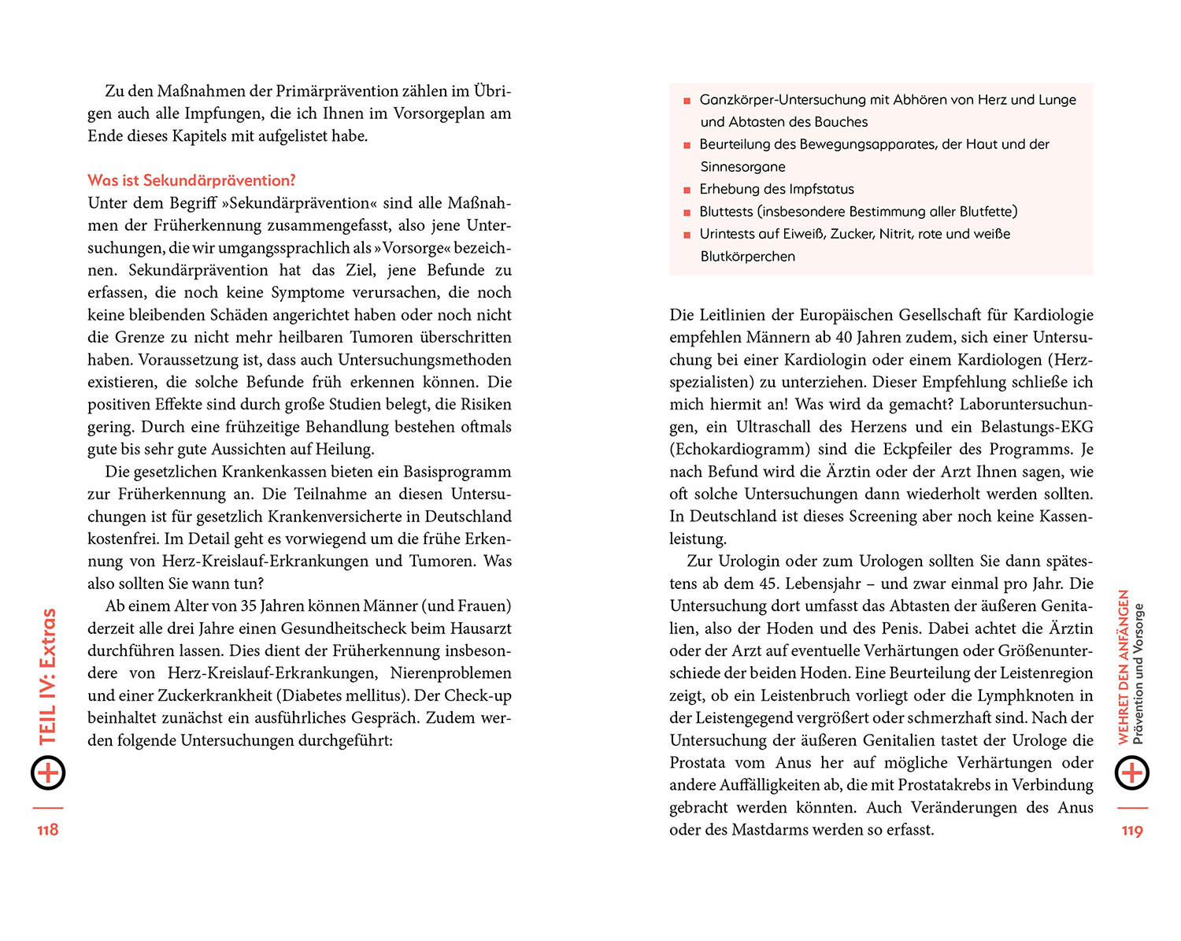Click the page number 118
48,829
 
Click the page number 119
1132,830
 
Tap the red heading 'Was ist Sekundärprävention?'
191,180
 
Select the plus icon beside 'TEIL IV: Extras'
48,772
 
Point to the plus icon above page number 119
1132,772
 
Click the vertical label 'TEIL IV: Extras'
48,676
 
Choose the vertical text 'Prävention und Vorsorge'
1138,674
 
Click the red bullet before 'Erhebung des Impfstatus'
687,190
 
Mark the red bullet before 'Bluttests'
687,213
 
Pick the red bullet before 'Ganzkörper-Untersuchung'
687,101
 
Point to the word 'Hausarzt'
480,628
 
